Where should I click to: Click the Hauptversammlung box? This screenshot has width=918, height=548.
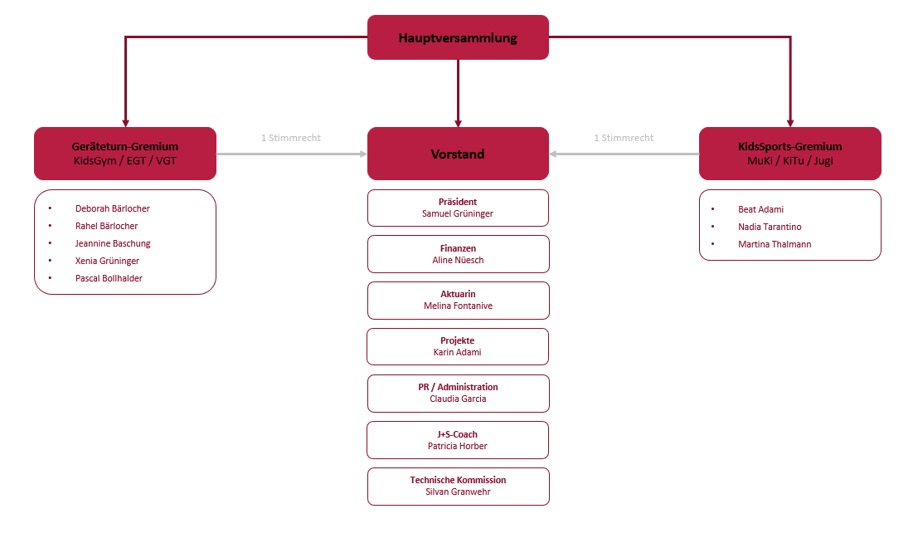coord(458,37)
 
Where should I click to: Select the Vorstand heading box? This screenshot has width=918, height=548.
coord(458,154)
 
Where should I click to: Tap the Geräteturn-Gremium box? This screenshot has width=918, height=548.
coord(125,154)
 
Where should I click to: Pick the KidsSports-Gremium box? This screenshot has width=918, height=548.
coord(789,154)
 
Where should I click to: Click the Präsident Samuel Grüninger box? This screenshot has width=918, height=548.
coord(458,208)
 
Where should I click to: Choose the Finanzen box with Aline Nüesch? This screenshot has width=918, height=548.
coord(458,254)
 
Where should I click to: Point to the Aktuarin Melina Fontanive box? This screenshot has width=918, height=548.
coord(458,301)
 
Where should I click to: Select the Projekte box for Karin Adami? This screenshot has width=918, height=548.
coord(458,346)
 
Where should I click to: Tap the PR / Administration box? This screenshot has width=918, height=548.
coord(458,393)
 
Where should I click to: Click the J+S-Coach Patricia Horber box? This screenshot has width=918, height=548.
coord(458,440)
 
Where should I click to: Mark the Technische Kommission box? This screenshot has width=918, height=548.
coord(458,487)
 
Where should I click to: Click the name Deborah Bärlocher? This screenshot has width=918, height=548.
coord(113,208)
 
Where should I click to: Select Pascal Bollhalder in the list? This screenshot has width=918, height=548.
coord(109,278)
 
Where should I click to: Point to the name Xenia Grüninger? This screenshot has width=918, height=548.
coord(107,261)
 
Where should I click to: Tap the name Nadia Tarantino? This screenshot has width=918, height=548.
coord(770,227)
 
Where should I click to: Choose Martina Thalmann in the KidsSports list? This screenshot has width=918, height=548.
coord(775,244)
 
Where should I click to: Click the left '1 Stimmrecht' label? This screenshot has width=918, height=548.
coord(290,138)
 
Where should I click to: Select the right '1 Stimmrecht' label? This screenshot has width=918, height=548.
coord(624,138)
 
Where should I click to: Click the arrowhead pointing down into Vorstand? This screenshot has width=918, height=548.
coord(458,122)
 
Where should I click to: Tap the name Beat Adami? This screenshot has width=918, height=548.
coord(760,209)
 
